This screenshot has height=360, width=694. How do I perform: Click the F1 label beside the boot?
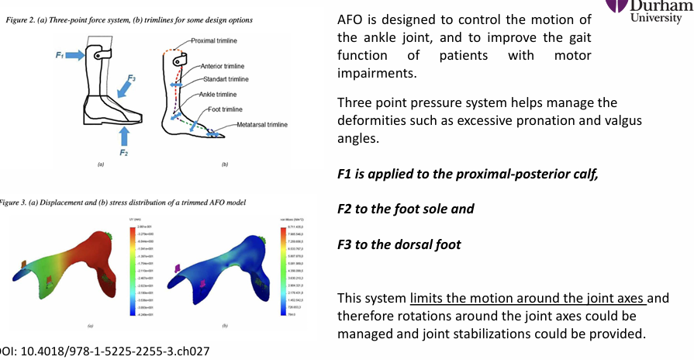point(60,56)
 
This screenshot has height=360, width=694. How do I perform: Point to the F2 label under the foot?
point(123,153)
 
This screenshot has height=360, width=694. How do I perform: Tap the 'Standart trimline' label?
point(226,79)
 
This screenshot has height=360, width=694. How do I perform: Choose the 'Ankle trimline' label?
point(216,95)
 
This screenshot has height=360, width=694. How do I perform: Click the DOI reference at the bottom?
point(105,351)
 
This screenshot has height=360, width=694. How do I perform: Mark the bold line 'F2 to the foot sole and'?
point(406,209)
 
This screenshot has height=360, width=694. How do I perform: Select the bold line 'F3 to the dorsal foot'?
point(399,244)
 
